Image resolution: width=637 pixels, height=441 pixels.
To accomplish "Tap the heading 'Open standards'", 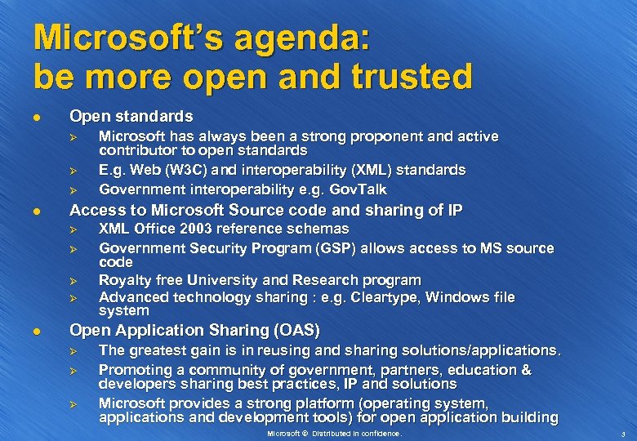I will (x=131, y=116).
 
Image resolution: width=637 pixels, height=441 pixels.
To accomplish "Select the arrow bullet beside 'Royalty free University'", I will (x=72, y=280).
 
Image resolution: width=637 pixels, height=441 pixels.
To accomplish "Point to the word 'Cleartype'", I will (x=372, y=297).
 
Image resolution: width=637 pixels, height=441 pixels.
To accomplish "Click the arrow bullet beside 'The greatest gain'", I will (x=72, y=351).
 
